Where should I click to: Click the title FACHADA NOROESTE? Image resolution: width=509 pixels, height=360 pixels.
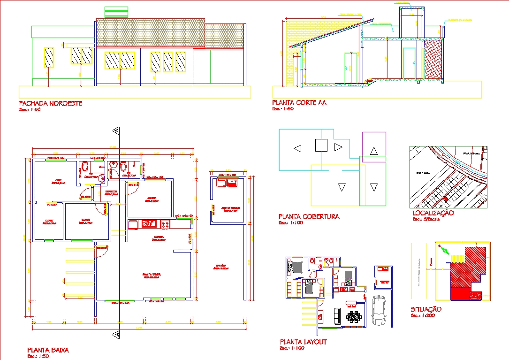coord(50,103)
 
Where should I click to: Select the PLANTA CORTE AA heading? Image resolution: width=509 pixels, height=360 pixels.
coord(299,102)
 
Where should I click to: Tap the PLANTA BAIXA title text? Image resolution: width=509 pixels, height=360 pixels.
coord(48,350)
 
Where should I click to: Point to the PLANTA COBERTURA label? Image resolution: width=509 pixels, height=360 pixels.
coord(309,217)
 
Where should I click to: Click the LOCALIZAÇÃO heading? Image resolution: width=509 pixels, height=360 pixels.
coord(432,213)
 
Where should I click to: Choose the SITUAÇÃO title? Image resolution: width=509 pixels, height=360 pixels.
coord(426,309)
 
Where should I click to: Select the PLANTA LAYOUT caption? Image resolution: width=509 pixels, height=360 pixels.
coord(303,342)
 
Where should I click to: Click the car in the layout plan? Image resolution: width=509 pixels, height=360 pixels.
coord(379,310)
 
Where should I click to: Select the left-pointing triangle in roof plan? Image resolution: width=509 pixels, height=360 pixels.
coord(297,148)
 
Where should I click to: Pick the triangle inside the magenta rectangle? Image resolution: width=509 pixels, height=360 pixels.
coord(374,151)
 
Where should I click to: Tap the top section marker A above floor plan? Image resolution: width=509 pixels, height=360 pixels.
coord(116,131)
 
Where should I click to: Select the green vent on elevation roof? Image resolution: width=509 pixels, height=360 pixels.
coord(116,11)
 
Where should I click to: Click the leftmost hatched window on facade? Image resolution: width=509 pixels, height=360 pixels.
coord(48,57)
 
